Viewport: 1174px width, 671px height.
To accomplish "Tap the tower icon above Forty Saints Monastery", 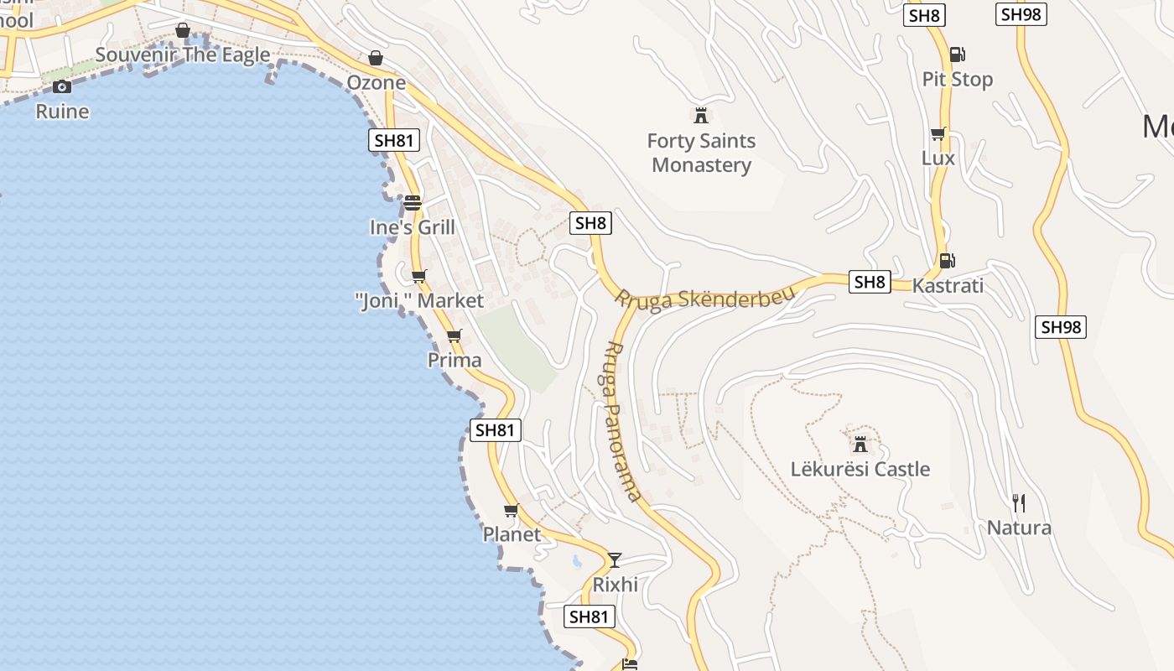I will click(x=701, y=114).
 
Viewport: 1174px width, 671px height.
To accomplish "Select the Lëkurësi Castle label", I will click(x=860, y=469).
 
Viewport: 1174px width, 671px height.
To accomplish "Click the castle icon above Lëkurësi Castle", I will click(x=860, y=443).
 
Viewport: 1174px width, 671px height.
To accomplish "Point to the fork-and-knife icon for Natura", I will click(x=1019, y=502).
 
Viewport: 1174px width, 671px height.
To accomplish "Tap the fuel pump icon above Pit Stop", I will click(x=957, y=55).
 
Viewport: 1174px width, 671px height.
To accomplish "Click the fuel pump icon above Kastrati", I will click(x=947, y=260).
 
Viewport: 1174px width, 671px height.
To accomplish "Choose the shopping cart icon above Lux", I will click(x=938, y=134).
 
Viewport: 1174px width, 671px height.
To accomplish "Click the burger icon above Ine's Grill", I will click(x=412, y=203).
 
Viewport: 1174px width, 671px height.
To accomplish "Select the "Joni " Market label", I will click(x=419, y=301).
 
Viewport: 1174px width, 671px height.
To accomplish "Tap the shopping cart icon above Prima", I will click(x=454, y=336).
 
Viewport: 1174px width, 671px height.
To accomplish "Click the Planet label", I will click(x=512, y=534).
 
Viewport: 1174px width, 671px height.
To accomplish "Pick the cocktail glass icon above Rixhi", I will click(x=615, y=559).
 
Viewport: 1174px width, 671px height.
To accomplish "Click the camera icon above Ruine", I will click(x=61, y=86).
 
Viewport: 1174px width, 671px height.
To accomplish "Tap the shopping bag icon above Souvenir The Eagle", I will click(x=183, y=31).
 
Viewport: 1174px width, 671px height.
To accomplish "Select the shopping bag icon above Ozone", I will click(x=376, y=58).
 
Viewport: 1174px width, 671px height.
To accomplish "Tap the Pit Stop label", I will click(x=957, y=80).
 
